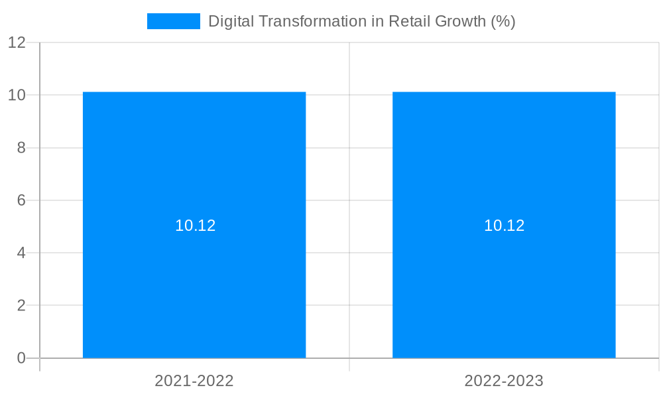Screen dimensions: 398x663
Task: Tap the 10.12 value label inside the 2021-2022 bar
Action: point(196,226)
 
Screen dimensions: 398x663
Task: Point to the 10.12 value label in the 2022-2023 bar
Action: point(505,226)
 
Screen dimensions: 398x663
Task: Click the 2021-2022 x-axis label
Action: point(194,381)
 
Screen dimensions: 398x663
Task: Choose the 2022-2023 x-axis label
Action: point(504,381)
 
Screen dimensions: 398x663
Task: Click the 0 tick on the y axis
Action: point(21,358)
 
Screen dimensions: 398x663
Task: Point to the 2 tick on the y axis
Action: point(21,306)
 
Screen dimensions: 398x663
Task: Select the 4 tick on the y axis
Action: point(21,253)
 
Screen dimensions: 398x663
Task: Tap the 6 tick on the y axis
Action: point(21,200)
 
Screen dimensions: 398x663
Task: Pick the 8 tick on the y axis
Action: point(21,148)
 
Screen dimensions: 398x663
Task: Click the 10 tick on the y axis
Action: point(17,95)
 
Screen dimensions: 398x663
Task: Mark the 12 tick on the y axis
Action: point(17,42)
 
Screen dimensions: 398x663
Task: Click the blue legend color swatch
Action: point(173,21)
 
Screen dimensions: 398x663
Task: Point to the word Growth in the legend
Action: point(460,21)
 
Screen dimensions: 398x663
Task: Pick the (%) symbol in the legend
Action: point(503,21)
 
